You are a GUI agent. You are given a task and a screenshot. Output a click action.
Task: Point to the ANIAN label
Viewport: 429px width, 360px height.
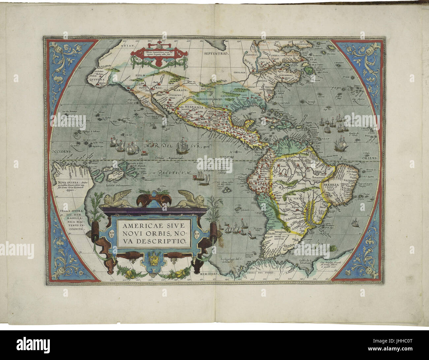(x=127, y=47)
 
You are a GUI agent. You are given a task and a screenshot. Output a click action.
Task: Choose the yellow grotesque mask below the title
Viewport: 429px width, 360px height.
(x=152, y=256)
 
